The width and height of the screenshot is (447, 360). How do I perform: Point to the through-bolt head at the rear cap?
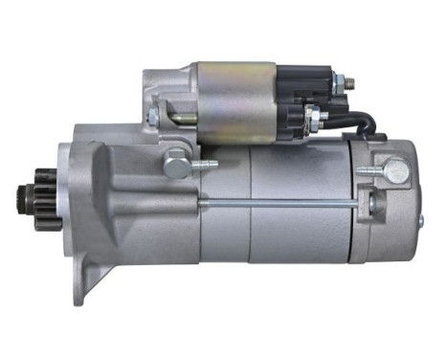click(367, 202)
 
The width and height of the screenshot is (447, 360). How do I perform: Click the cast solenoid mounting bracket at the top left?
click(168, 96)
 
